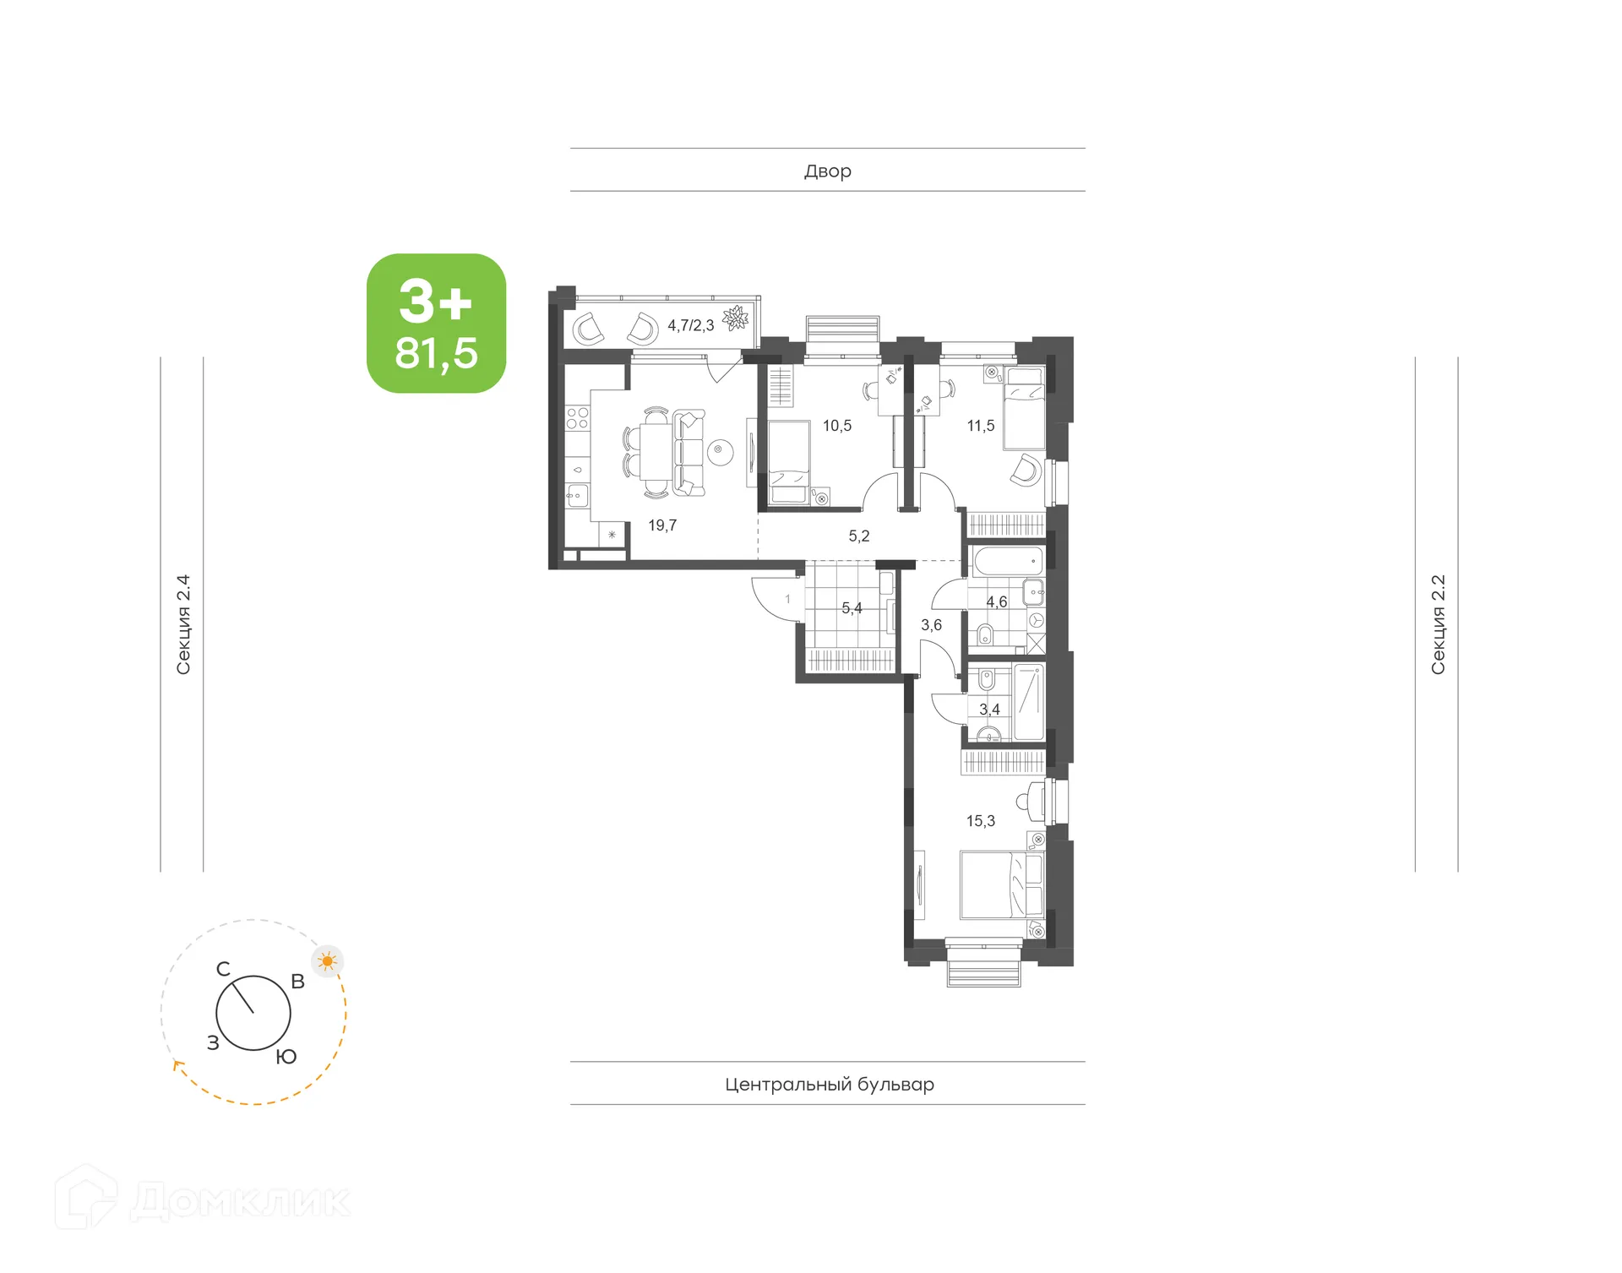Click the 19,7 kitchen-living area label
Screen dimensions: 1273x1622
662,525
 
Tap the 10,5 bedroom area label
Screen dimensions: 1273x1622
837,426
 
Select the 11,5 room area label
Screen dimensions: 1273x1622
980,426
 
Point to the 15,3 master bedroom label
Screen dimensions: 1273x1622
980,821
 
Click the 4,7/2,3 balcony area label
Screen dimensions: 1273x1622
690,325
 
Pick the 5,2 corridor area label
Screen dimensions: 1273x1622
858,536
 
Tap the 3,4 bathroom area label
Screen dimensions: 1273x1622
989,710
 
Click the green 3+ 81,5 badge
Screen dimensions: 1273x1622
436,324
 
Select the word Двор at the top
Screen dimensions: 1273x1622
827,171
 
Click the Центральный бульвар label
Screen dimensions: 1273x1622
829,1085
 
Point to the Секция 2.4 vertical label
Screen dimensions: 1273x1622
183,625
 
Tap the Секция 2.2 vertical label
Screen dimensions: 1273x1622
1438,625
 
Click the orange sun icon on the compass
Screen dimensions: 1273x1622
328,961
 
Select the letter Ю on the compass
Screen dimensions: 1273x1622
286,1058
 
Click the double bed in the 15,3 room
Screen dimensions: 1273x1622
1002,884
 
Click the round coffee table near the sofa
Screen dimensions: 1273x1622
719,451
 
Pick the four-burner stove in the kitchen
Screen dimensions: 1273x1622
577,417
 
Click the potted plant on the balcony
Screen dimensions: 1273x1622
735,318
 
